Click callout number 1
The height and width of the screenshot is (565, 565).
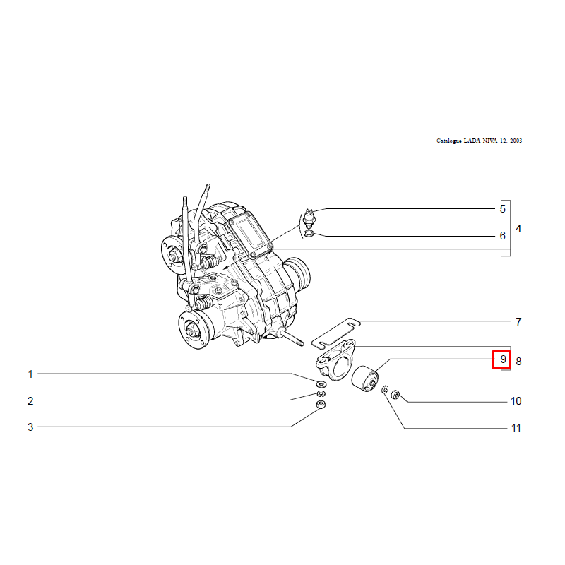coord(30,374)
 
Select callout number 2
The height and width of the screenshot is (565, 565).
coord(30,401)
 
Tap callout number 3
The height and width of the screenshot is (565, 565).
coord(30,427)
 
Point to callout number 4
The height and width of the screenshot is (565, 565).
coord(518,229)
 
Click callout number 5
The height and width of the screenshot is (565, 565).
coord(503,209)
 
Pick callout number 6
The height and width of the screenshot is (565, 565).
coord(503,236)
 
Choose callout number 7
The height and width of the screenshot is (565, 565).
coord(518,321)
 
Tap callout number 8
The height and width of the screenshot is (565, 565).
coord(518,362)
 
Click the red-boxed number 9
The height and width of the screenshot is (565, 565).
coord(504,359)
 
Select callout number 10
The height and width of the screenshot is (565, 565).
coord(516,401)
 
